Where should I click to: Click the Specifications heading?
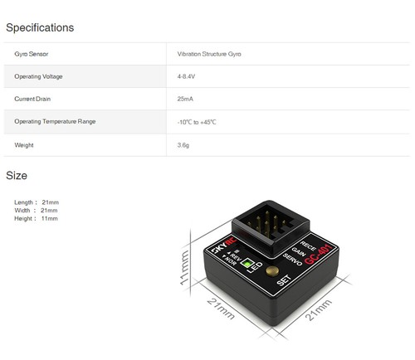[40, 27]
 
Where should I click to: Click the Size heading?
[17, 176]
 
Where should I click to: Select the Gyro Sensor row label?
[32, 54]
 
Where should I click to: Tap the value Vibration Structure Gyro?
[209, 54]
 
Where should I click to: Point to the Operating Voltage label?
[38, 76]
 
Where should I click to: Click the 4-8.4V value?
[188, 76]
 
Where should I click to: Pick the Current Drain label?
[34, 99]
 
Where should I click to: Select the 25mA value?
[185, 99]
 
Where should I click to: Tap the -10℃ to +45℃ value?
[197, 122]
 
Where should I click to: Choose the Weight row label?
[24, 145]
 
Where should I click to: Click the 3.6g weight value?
[183, 145]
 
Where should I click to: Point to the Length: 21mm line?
[37, 202]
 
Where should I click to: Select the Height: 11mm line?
[37, 218]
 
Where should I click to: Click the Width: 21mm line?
[37, 210]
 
